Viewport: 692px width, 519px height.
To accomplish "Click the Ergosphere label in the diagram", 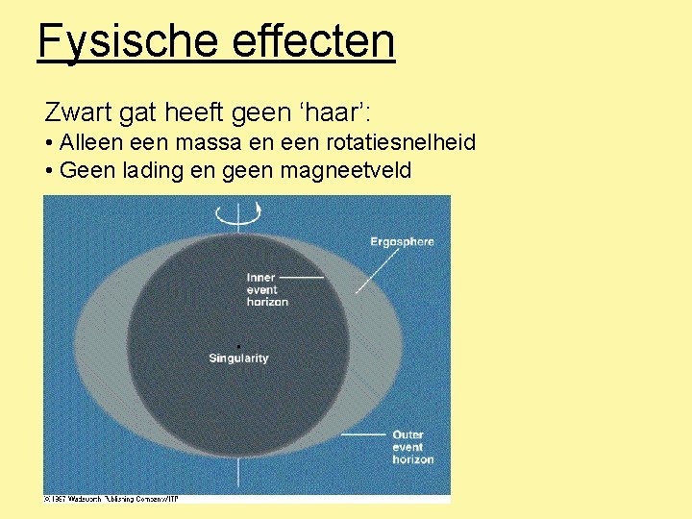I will (x=402, y=241).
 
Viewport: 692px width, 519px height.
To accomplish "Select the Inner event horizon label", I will (x=266, y=289).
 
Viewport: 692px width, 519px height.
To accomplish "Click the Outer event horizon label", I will (x=412, y=447).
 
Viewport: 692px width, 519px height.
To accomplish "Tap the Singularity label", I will (x=238, y=358).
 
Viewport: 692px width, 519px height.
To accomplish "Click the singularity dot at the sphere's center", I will (x=237, y=346).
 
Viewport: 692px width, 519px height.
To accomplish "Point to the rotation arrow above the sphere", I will (x=238, y=214).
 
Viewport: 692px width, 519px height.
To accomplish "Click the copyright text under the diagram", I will (x=111, y=498).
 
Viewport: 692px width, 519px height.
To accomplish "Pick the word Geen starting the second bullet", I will (x=84, y=170).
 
